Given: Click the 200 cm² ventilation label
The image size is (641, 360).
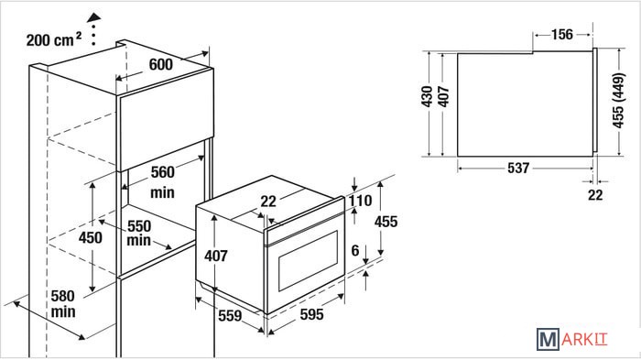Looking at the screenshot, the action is tap(54, 39).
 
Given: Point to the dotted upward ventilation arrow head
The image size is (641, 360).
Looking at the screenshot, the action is tap(94, 17).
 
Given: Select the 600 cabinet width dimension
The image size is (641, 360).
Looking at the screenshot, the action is tap(160, 64).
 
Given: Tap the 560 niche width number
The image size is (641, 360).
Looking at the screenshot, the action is tap(163, 172).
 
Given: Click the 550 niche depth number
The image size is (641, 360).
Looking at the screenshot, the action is tap(139, 226).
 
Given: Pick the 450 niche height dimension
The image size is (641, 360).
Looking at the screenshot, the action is tap(91, 237).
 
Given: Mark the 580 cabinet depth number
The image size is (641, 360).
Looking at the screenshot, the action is tap(63, 295).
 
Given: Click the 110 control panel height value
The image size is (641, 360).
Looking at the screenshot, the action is tap(360, 201).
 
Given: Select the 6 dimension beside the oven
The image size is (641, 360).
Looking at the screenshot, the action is tap(355, 250).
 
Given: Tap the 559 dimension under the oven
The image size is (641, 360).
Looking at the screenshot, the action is tap(230, 315).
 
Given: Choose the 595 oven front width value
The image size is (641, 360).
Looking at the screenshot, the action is tap(312, 314).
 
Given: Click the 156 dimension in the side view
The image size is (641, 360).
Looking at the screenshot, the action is tap(562, 34).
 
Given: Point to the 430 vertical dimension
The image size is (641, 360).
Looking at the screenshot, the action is tap(427, 96).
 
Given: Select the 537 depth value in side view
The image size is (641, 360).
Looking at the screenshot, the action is tap(518, 168).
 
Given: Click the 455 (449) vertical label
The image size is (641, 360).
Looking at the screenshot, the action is tap(618, 100).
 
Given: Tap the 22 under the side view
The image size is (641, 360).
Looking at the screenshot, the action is tap(595, 195).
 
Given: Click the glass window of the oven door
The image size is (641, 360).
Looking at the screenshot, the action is tap(309, 260).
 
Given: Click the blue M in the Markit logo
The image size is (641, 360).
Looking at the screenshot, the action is tap(548, 339).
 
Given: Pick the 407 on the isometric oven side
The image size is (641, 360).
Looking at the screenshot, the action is tap(216, 256).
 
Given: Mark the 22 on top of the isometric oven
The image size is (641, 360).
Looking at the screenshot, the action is tap(268, 202).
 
